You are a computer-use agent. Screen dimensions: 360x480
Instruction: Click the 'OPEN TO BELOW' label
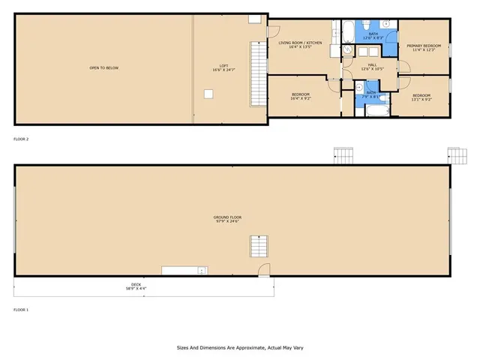[x=104, y=68]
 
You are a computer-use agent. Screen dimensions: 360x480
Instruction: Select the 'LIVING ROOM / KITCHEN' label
[x=300, y=44]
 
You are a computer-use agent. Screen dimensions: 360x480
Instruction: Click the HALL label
[x=372, y=67]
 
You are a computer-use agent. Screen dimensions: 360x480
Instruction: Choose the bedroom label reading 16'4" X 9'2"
[x=300, y=96]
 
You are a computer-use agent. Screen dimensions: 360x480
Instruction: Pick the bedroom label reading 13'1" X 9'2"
[x=421, y=97]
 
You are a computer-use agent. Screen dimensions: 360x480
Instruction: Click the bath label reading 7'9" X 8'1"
[x=371, y=94]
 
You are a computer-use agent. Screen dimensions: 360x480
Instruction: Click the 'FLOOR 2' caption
[x=21, y=139]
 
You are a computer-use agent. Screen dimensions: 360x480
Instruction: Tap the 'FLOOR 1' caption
[x=21, y=309]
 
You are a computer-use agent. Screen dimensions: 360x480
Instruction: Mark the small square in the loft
[x=209, y=93]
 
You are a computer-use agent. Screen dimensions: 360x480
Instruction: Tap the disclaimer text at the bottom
[x=239, y=347]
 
